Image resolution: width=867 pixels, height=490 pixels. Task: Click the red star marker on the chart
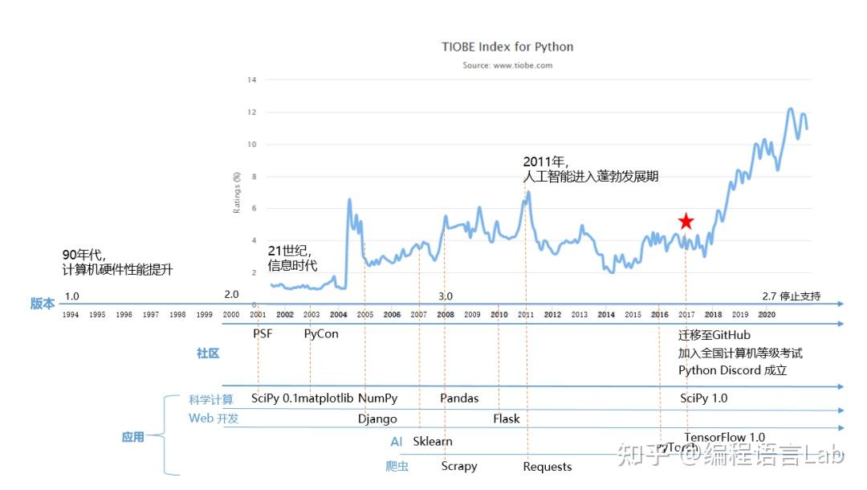pyautogui.click(x=685, y=222)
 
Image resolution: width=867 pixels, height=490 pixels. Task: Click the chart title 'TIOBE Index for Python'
pyautogui.click(x=507, y=47)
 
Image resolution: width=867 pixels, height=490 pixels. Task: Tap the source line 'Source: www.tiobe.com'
pyautogui.click(x=507, y=65)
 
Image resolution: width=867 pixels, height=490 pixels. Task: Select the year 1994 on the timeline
pyautogui.click(x=71, y=315)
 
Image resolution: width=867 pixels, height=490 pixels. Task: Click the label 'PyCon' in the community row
pyautogui.click(x=321, y=333)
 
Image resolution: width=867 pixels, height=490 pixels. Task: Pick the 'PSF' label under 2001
pyautogui.click(x=263, y=333)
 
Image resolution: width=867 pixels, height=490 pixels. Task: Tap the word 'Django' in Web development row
pyautogui.click(x=377, y=419)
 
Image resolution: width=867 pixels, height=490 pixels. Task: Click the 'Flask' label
pyautogui.click(x=506, y=419)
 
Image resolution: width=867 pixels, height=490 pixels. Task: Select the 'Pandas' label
pyautogui.click(x=459, y=398)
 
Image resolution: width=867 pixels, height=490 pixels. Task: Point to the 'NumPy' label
pyautogui.click(x=377, y=398)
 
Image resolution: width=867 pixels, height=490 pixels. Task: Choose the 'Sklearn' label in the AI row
pyautogui.click(x=433, y=441)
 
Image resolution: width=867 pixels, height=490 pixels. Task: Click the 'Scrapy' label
pyautogui.click(x=459, y=466)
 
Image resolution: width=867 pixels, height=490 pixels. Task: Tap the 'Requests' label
pyautogui.click(x=547, y=467)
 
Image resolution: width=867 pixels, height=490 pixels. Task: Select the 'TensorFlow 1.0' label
pyautogui.click(x=724, y=438)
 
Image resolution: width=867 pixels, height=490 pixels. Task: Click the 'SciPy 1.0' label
pyautogui.click(x=704, y=398)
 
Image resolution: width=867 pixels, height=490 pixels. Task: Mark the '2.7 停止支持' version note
pyautogui.click(x=792, y=296)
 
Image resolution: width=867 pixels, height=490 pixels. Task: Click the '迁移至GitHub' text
pyautogui.click(x=714, y=335)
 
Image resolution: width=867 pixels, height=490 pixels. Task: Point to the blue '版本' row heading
pyautogui.click(x=43, y=304)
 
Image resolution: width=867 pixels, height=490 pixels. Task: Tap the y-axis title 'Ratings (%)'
pyautogui.click(x=237, y=192)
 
